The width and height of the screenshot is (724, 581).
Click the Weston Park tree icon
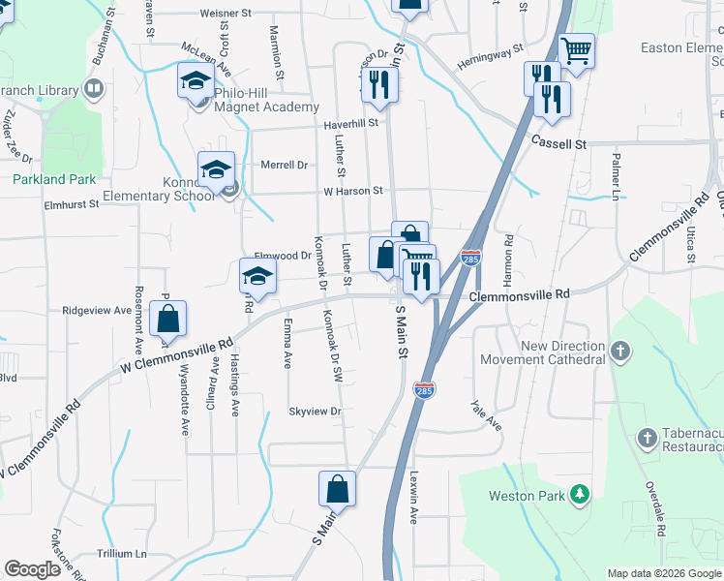pyautogui.click(x=580, y=495)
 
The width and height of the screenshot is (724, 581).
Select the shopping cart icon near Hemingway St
pyautogui.click(x=577, y=49)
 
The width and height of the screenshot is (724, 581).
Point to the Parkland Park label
pyautogui.click(x=54, y=179)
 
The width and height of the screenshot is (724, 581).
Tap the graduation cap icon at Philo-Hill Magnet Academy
pyautogui.click(x=196, y=80)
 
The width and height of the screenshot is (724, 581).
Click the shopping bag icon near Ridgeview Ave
pyautogui.click(x=167, y=318)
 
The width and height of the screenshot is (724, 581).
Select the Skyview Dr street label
pyautogui.click(x=316, y=412)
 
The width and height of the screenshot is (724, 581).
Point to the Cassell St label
pyautogui.click(x=559, y=143)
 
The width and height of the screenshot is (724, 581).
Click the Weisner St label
pyautogui.click(x=225, y=14)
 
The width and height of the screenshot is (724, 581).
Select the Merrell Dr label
pyautogui.click(x=284, y=165)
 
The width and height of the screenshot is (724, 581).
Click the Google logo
pyautogui.click(x=32, y=569)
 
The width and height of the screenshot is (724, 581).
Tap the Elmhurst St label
pyautogui.click(x=72, y=204)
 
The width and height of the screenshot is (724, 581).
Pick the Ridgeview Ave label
pyautogui.click(x=97, y=311)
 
